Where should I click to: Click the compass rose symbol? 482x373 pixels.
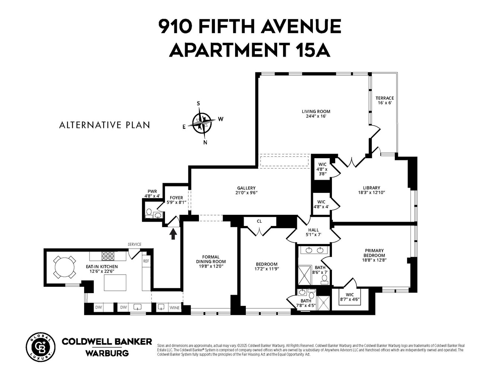coord(202,122)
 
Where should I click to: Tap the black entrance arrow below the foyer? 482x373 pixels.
coord(173,234)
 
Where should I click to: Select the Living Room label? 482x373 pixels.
coord(316,113)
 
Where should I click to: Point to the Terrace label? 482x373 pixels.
coord(384,100)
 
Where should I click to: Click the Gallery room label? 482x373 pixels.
coord(246,190)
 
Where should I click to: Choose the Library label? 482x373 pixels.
coord(371,190)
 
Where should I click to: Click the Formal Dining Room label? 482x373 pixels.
coord(211,261)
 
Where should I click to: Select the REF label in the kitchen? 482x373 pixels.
coord(146,261)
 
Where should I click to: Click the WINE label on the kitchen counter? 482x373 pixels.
coord(174,308)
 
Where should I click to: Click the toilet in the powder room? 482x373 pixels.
coord(149,213)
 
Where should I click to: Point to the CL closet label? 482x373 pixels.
coord(259,221)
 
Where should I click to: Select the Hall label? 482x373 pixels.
coord(313,232)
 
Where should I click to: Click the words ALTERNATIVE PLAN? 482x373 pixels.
coord(105,125)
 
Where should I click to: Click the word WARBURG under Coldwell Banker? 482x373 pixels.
coord(107,353)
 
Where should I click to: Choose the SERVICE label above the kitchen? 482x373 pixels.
coord(134,244)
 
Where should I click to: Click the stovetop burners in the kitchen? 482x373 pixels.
coord(108,256)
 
